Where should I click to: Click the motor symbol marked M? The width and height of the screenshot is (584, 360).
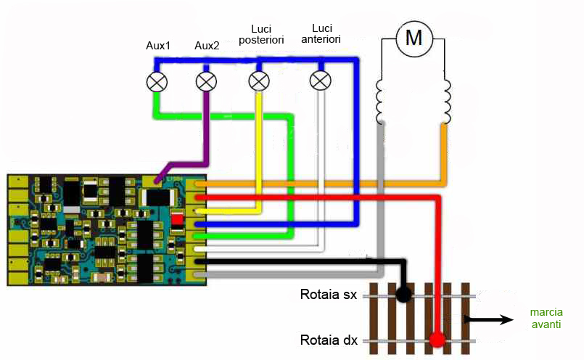tap(414, 38)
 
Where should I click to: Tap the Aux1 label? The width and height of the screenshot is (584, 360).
tap(158, 46)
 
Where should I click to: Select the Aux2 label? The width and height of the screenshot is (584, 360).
tap(207, 46)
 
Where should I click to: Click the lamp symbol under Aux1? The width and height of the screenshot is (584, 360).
tap(157, 81)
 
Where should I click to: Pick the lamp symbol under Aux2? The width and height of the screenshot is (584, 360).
tap(207, 81)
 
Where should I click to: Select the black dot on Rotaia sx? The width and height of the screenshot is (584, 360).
tap(403, 295)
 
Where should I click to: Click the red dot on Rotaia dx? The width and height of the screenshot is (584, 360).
tap(437, 339)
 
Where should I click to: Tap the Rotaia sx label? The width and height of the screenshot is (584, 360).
tap(328, 295)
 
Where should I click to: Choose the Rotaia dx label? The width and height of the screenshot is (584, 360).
tap(328, 340)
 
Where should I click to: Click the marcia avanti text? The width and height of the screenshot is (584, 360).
tap(546, 319)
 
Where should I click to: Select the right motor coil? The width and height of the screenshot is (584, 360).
tap(445, 102)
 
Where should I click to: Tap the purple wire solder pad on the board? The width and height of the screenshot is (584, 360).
tap(151, 181)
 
